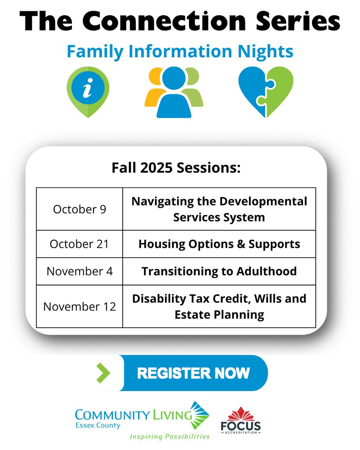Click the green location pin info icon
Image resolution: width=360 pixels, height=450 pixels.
pos(88,91)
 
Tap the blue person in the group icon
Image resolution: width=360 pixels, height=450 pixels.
pos(174,94)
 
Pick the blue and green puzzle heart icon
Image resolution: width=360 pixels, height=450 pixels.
pos(266,92)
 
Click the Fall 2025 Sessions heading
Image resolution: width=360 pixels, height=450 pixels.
pos(176,168)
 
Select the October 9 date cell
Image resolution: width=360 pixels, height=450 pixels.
pos(79,209)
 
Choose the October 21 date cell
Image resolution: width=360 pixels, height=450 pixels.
pos(79,244)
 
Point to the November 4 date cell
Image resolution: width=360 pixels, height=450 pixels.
pos(79,271)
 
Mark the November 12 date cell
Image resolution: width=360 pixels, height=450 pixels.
pos(79,306)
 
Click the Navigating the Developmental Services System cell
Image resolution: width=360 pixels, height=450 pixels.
pos(219,209)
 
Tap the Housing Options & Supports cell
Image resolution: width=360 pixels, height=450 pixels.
pos(219,244)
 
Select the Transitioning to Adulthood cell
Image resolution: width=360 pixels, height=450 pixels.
pos(219,271)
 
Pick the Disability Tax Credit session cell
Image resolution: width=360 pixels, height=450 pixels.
pos(219,306)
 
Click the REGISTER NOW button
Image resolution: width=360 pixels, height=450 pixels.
pos(193,373)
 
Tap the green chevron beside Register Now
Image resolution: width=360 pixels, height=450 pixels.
pos(103,373)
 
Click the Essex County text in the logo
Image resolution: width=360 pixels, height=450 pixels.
pos(97,426)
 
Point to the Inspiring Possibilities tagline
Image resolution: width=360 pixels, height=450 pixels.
pos(169,436)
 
